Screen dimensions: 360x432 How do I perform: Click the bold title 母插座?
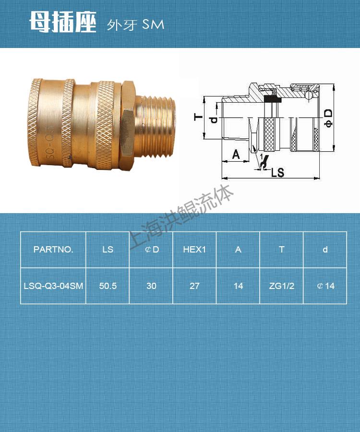[63, 22]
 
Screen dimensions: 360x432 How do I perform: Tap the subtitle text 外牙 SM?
[135, 25]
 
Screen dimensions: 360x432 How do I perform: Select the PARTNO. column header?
[53, 249]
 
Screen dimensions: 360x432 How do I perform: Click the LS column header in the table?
[108, 249]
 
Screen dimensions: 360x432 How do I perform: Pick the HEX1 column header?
[194, 249]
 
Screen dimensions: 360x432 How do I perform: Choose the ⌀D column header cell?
[152, 249]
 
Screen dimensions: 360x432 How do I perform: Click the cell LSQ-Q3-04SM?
[53, 286]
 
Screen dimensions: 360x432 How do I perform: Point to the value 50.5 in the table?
[108, 286]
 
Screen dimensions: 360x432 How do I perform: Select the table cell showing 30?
[151, 286]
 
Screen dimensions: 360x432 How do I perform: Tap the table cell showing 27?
[194, 286]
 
